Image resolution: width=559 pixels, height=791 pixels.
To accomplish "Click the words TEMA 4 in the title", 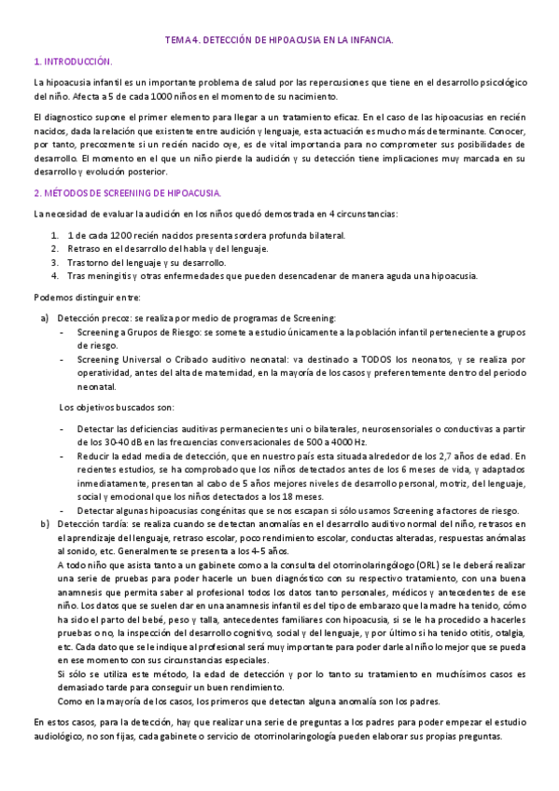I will coord(181,41).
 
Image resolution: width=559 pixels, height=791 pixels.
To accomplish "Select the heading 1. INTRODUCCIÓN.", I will coord(72,62).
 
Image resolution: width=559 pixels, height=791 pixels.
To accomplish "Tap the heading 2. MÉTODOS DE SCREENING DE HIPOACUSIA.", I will coord(126,194).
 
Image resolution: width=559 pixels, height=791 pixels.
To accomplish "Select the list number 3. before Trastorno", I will coord(55,262).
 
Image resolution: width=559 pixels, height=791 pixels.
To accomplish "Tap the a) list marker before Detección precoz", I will coord(44,318).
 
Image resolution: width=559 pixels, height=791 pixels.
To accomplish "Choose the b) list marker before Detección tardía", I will coord(44,524).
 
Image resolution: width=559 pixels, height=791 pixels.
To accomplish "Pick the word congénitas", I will coord(203,510).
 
